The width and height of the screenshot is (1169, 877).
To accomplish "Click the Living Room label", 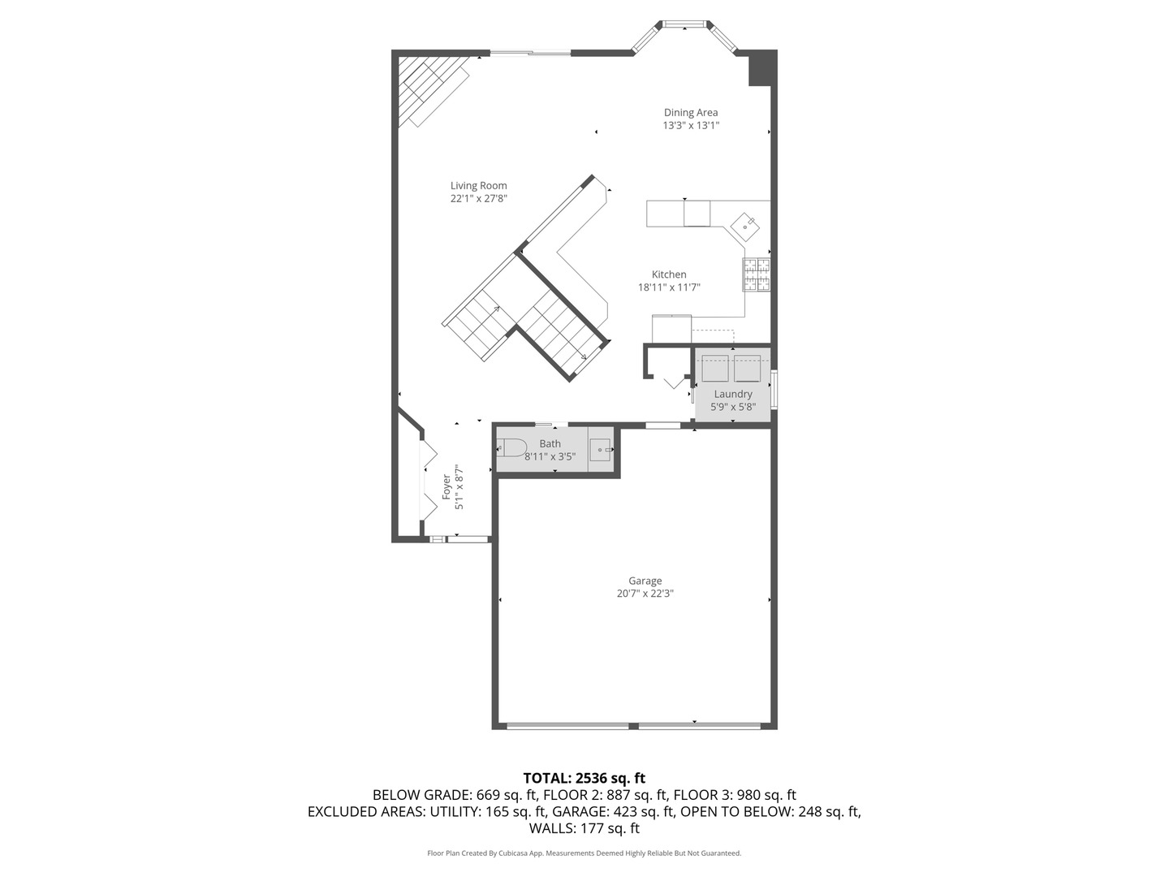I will [x=478, y=186].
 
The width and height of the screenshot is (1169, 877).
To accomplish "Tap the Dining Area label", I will [x=690, y=113].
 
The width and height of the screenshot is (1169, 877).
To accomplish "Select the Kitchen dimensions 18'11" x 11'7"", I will [x=669, y=287].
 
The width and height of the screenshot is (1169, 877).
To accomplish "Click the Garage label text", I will [x=645, y=581].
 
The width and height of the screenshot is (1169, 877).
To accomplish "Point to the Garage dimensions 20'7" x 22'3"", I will [x=645, y=594].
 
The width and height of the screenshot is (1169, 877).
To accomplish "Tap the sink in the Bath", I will [x=601, y=448].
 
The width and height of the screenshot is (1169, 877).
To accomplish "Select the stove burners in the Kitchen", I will [x=756, y=274].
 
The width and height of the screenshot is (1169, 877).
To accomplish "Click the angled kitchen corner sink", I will [x=745, y=226].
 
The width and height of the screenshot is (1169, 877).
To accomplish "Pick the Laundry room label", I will [x=733, y=394].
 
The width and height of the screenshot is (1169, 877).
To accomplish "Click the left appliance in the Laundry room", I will [x=714, y=368].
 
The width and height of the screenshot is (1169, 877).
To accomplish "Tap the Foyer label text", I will [x=446, y=486].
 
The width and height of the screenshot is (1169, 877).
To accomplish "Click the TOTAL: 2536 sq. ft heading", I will [x=584, y=778].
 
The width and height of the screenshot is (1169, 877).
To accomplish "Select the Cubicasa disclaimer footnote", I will [x=584, y=853].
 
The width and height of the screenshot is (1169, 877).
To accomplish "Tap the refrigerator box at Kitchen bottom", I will [x=671, y=329].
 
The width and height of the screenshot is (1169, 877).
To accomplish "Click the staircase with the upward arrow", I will [x=479, y=321].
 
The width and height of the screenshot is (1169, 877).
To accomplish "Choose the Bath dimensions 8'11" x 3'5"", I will [x=550, y=457].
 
